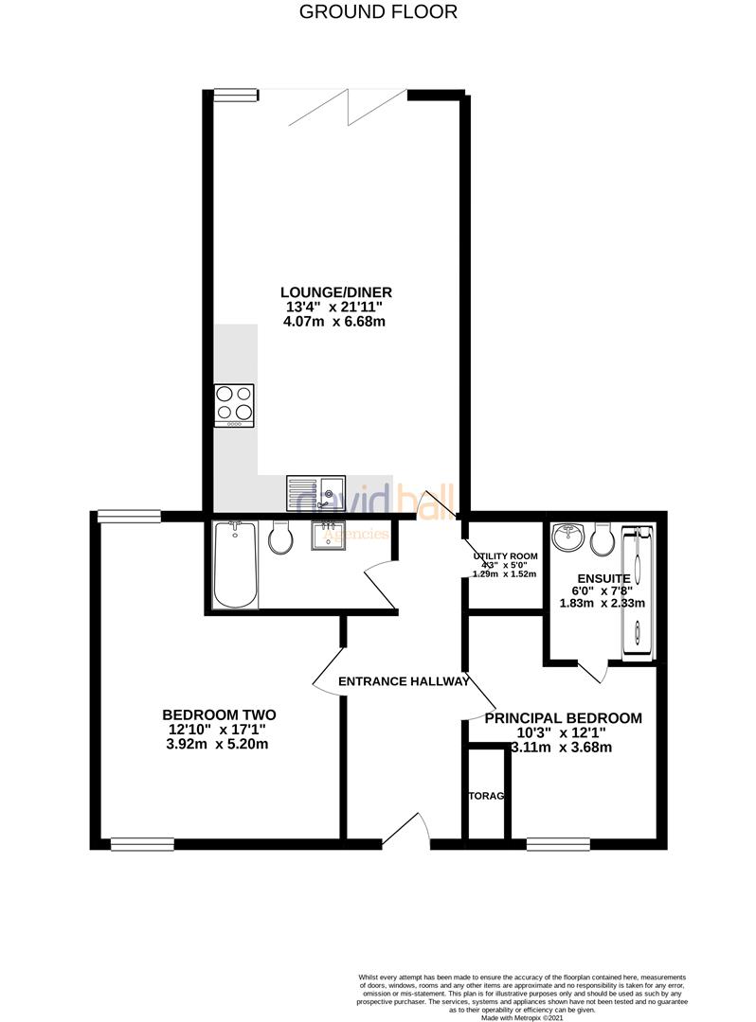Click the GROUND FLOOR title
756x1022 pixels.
pos(378,12)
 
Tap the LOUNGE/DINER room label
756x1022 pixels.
pos(336,291)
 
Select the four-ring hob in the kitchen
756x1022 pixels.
pos(234,404)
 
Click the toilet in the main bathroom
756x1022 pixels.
pos(280,537)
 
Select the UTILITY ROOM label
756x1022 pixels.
pos(506,556)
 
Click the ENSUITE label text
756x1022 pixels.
pos(597,579)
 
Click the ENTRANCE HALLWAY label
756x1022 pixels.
pos(404,681)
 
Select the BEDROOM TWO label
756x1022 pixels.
pos(219,714)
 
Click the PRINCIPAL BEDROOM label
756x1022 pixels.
pos(563,718)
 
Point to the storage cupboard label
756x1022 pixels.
pos(485,796)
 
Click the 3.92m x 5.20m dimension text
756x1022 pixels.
pos(218,745)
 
